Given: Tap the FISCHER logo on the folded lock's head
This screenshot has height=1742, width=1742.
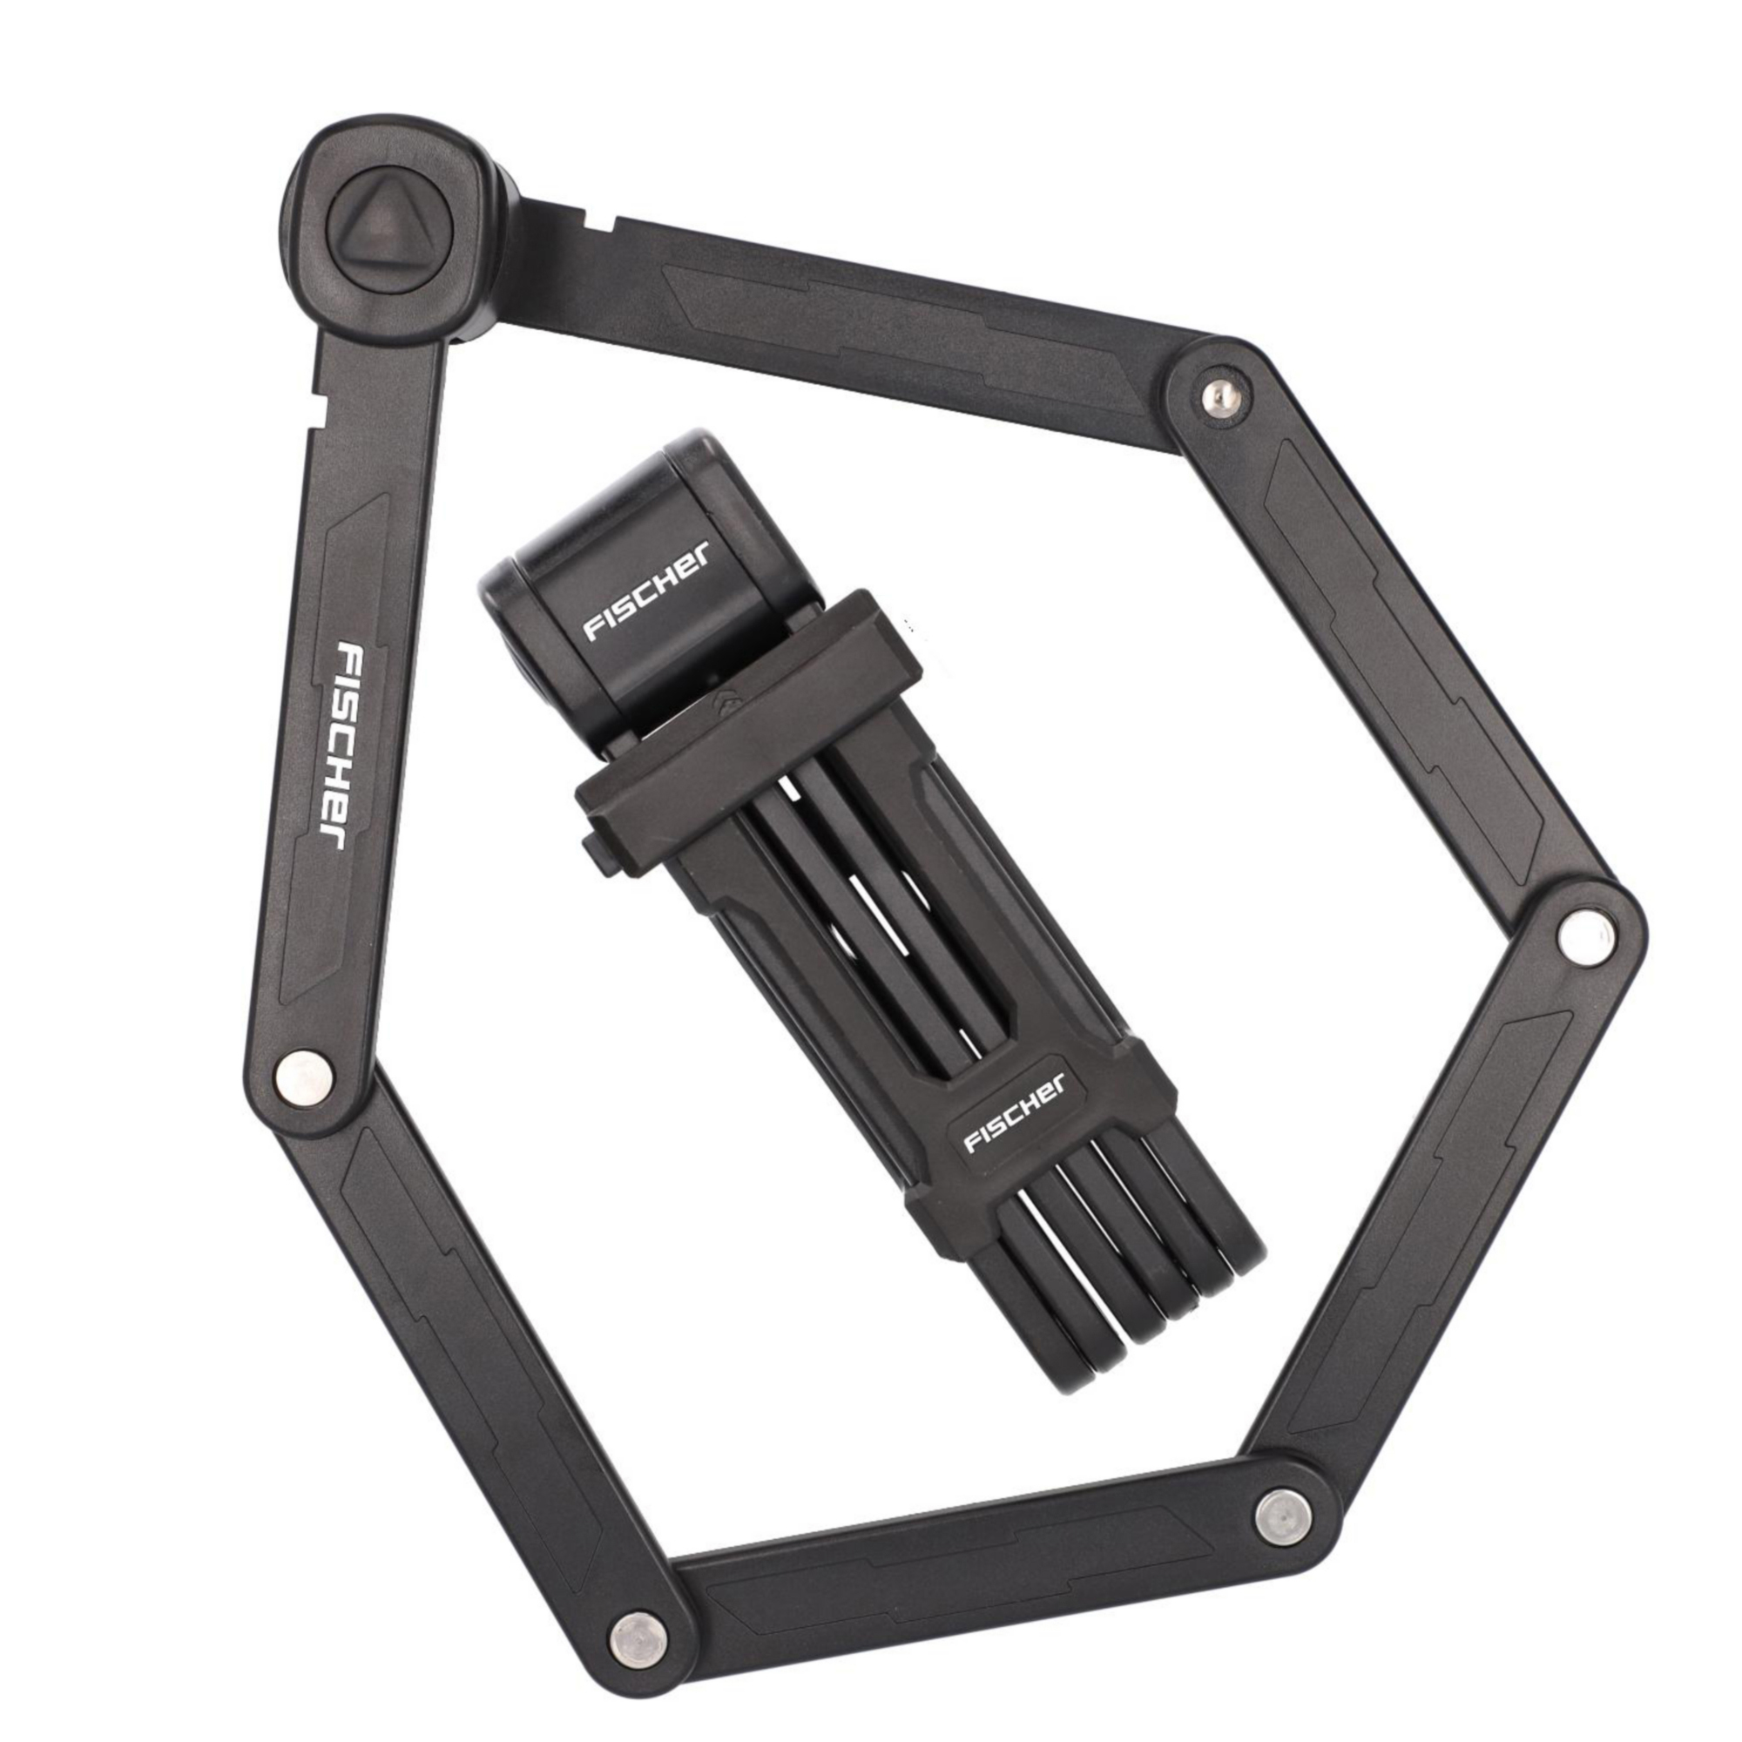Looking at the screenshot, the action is (647, 590).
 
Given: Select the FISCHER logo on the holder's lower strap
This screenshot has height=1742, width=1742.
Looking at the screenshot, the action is (1016, 1111).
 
